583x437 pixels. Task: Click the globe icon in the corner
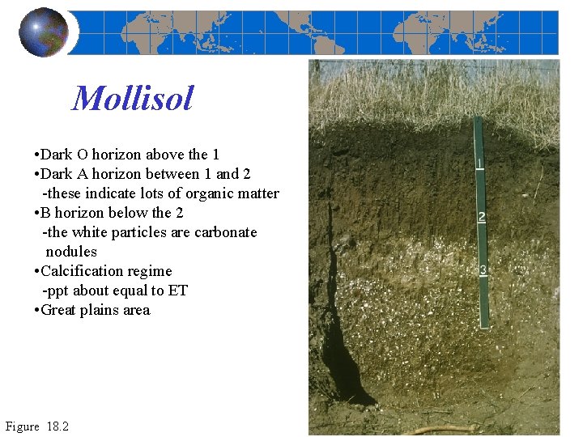[44, 32]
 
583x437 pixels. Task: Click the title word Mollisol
[133, 100]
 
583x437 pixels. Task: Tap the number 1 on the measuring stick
[480, 164]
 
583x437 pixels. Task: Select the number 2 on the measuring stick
[482, 217]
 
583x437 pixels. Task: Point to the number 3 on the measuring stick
[483, 270]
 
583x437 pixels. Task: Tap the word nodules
[71, 252]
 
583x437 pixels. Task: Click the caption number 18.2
[58, 426]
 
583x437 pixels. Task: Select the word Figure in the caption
[23, 426]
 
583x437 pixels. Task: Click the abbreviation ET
[178, 291]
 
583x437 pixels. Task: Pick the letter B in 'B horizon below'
[46, 213]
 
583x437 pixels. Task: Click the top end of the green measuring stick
[477, 119]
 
